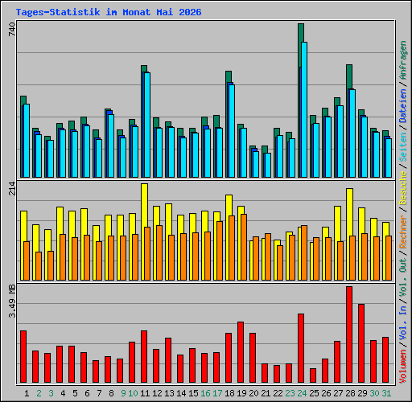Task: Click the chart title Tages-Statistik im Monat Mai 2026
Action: click(109, 12)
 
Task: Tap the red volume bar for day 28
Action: click(349, 334)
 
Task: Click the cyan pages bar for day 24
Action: click(304, 109)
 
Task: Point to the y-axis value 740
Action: click(12, 29)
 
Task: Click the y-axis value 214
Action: click(12, 189)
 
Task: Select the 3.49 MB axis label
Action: click(12, 301)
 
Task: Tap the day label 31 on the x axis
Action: click(386, 393)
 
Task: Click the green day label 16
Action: click(205, 393)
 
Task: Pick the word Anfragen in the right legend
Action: click(403, 60)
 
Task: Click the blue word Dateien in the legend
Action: click(403, 106)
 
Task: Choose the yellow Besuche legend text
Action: click(403, 188)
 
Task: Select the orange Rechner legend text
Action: click(403, 232)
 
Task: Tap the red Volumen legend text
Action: click(403, 367)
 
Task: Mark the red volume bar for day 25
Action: click(313, 375)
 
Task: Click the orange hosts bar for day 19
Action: click(244, 248)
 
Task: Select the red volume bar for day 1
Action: click(23, 357)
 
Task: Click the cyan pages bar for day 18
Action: click(232, 131)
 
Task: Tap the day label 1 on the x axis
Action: click(27, 393)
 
